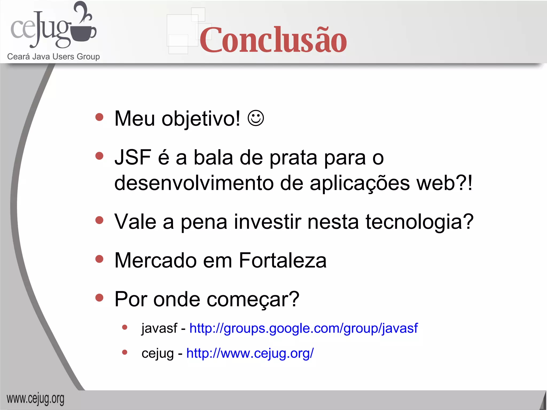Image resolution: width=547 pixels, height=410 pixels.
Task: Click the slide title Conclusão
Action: pyautogui.click(x=273, y=40)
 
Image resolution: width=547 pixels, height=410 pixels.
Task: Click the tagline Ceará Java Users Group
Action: pyautogui.click(x=53, y=57)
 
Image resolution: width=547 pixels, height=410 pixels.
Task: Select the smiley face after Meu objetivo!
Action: pyautogui.click(x=256, y=118)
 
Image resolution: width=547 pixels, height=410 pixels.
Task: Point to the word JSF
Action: pyautogui.click(x=133, y=157)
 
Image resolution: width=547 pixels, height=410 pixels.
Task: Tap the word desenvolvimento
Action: pyautogui.click(x=194, y=183)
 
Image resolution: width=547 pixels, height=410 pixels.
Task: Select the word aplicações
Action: pyautogui.click(x=360, y=184)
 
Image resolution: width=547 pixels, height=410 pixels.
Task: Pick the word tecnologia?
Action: pyautogui.click(x=419, y=222)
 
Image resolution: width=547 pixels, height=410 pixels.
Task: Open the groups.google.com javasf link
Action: pyautogui.click(x=303, y=328)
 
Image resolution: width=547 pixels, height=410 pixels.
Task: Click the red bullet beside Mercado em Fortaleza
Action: pyautogui.click(x=99, y=259)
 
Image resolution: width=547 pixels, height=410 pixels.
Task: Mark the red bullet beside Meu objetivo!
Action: pyautogui.click(x=99, y=117)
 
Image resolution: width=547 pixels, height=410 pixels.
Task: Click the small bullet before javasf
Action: pyautogui.click(x=124, y=327)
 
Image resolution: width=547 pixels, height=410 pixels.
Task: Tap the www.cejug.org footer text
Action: pyautogui.click(x=36, y=399)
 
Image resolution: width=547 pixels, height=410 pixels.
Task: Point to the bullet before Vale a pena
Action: pyautogui.click(x=99, y=220)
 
